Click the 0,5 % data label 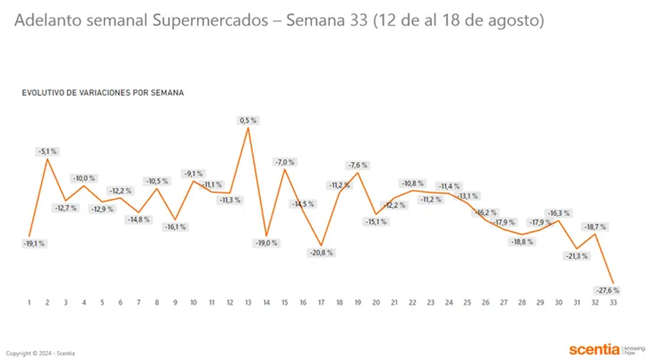pyautogui.click(x=248, y=120)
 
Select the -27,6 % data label pyautogui.click(x=608, y=290)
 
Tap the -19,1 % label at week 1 pyautogui.click(x=34, y=244)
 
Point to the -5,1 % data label pyautogui.click(x=47, y=151)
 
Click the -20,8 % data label pyautogui.click(x=322, y=253)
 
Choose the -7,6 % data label pyautogui.click(x=358, y=165)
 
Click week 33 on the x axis pyautogui.click(x=614, y=302)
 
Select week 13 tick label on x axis pyautogui.click(x=249, y=302)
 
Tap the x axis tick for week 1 pyautogui.click(x=29, y=302)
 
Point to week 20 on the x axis pyautogui.click(x=376, y=302)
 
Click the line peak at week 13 pyautogui.click(x=249, y=128)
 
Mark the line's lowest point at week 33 pyautogui.click(x=614, y=282)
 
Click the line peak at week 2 pyautogui.click(x=47, y=159)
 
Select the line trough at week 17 pyautogui.click(x=322, y=246)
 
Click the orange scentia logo pyautogui.click(x=594, y=349)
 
